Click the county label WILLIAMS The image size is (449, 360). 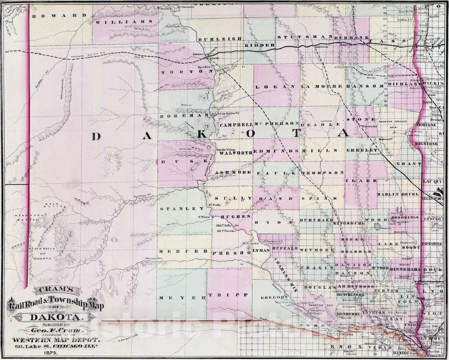coord(125,22)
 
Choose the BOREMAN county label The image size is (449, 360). coord(181,116)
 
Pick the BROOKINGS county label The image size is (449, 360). coord(404,217)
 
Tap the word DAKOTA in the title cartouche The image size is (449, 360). coord(53,318)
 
